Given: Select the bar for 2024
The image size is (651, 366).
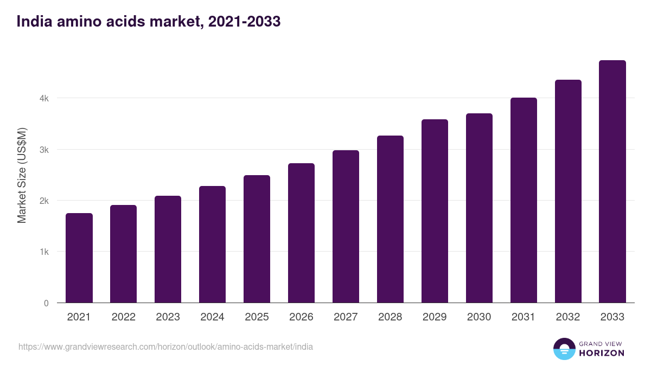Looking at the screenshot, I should coord(212,245).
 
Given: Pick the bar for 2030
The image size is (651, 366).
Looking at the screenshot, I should coord(479,208).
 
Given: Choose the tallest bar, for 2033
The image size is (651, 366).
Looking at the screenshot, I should coord(612,182).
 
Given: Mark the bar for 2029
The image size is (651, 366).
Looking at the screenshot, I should coord(435,211).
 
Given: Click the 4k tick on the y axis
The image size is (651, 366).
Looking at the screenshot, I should coord(43,99).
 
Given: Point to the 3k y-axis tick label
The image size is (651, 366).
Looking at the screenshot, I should coord(43,150).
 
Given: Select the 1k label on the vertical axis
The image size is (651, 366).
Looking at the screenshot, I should coord(43,252).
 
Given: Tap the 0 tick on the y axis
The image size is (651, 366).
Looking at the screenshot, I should coord(46,303).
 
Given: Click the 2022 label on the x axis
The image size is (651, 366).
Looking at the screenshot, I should coord(123,317).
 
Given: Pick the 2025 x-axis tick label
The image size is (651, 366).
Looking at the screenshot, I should coord(257,317).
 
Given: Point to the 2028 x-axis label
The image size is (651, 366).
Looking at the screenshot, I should coord(390,317).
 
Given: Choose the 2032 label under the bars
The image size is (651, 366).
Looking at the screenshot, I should coord(568,317).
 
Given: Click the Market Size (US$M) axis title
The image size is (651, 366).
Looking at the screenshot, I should coord(22,176).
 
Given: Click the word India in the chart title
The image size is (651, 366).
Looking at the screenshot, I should coord(33,22).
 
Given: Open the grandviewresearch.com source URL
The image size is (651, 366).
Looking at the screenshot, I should coord(165,346).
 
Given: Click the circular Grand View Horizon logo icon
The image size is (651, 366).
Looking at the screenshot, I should coord(564,349).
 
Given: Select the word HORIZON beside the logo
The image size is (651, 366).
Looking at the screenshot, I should coord(602,353).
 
